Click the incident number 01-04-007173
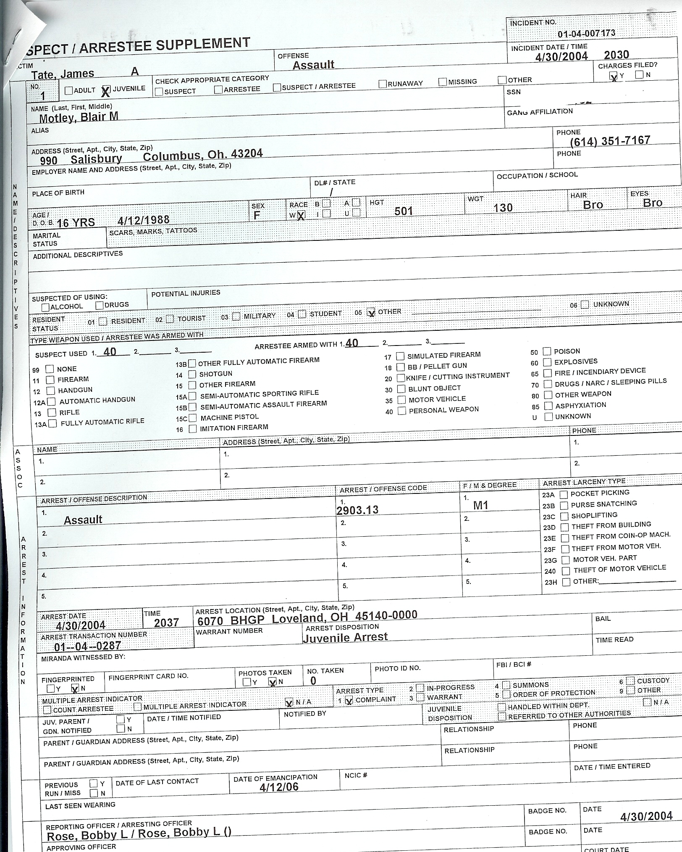tap(586, 33)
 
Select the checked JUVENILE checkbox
tap(106, 90)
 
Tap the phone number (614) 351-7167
tap(610, 141)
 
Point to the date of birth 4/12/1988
tap(144, 220)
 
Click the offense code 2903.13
tap(357, 510)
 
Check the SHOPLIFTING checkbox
tap(564, 516)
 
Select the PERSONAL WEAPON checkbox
tap(402, 411)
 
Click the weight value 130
tap(503, 208)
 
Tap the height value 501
tap(404, 211)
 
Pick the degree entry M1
tap(480, 506)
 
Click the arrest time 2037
tap(166, 623)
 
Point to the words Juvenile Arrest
tap(345, 637)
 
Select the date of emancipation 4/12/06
tap(279, 787)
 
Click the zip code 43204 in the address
tap(247, 154)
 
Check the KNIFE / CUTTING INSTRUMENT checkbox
tap(401, 378)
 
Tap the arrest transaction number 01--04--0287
tap(87, 646)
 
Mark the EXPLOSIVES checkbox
tap(548, 362)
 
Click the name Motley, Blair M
tap(79, 117)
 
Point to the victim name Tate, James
tap(63, 74)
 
